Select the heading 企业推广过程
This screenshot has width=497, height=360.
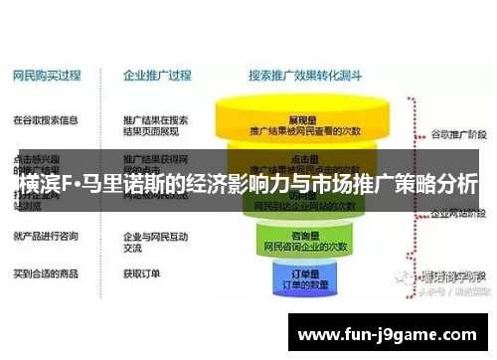(x=158, y=75)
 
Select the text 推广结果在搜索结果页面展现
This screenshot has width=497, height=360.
(x=156, y=127)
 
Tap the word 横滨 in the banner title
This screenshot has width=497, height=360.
(x=39, y=184)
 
